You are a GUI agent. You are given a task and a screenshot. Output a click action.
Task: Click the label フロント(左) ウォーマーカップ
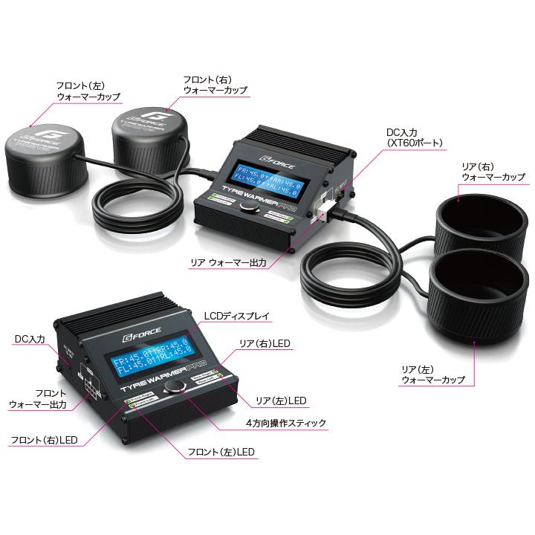click(88, 91)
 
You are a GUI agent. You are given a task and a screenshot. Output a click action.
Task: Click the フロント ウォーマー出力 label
click(37, 398)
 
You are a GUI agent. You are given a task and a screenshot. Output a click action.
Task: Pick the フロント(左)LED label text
click(221, 452)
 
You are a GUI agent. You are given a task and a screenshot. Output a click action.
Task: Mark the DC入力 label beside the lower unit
click(30, 339)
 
